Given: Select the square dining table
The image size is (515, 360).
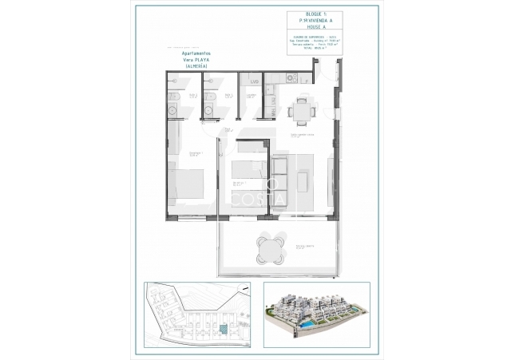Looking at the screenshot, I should tap(300, 109).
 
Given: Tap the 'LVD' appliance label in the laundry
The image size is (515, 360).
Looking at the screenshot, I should tap(254, 81).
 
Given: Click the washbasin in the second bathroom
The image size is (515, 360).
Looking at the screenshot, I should tap(209, 110).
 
